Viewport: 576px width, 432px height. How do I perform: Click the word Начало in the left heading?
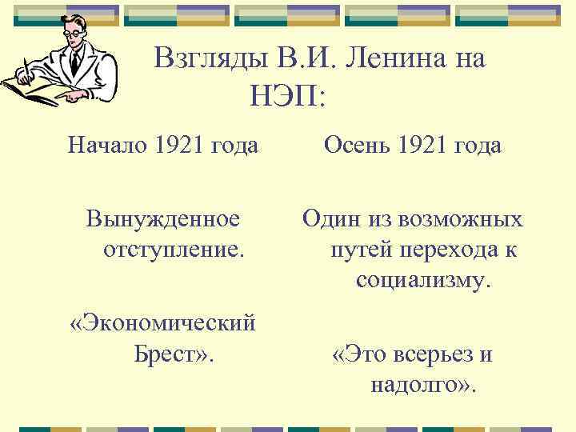[x=108, y=146]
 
